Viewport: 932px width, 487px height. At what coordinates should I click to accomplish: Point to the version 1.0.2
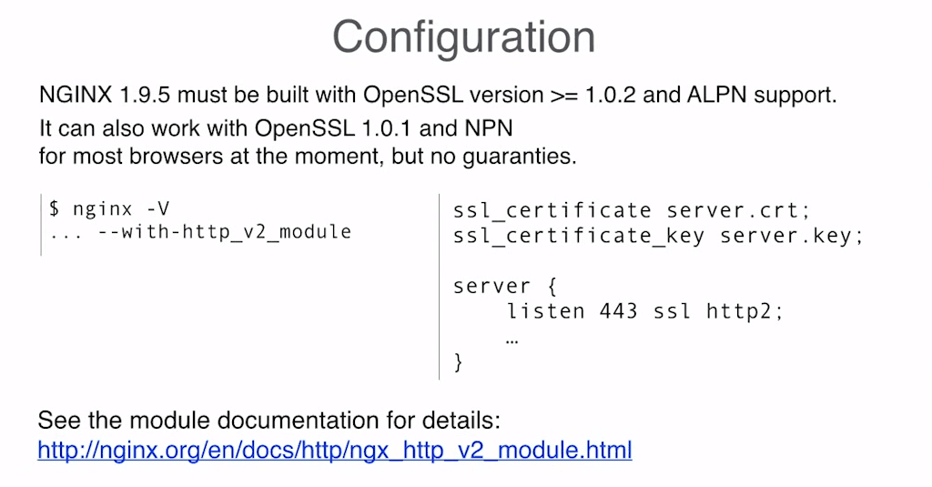[x=610, y=94]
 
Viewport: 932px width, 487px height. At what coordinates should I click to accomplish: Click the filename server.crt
[x=738, y=210]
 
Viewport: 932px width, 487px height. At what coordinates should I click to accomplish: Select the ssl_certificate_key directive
[x=578, y=237]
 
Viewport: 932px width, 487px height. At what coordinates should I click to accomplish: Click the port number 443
[x=619, y=311]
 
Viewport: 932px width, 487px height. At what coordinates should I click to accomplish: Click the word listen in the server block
[x=545, y=311]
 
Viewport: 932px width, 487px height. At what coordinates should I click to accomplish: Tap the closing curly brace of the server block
[x=458, y=362]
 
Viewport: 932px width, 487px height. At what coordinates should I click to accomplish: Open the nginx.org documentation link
[x=334, y=450]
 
